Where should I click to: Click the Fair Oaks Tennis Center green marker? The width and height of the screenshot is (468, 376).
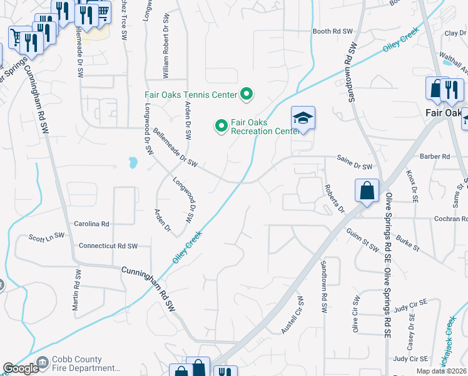click(247, 95)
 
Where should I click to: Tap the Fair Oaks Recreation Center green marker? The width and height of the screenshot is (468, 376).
click(221, 126)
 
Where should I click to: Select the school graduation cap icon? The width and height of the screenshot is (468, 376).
click(303, 118)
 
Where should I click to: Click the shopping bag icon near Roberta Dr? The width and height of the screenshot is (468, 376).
click(366, 191)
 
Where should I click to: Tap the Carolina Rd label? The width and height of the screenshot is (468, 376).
click(92, 224)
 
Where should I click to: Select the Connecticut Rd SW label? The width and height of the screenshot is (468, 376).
click(108, 246)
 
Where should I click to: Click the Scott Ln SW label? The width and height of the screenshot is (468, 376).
click(47, 237)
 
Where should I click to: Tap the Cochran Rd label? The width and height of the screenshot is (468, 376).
click(450, 219)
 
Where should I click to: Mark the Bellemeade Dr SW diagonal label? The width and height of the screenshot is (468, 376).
click(175, 148)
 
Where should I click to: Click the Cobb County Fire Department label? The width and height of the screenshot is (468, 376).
click(78, 364)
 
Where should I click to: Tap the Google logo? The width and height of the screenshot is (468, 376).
click(21, 368)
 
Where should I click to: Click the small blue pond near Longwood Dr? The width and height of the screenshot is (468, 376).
click(133, 164)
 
